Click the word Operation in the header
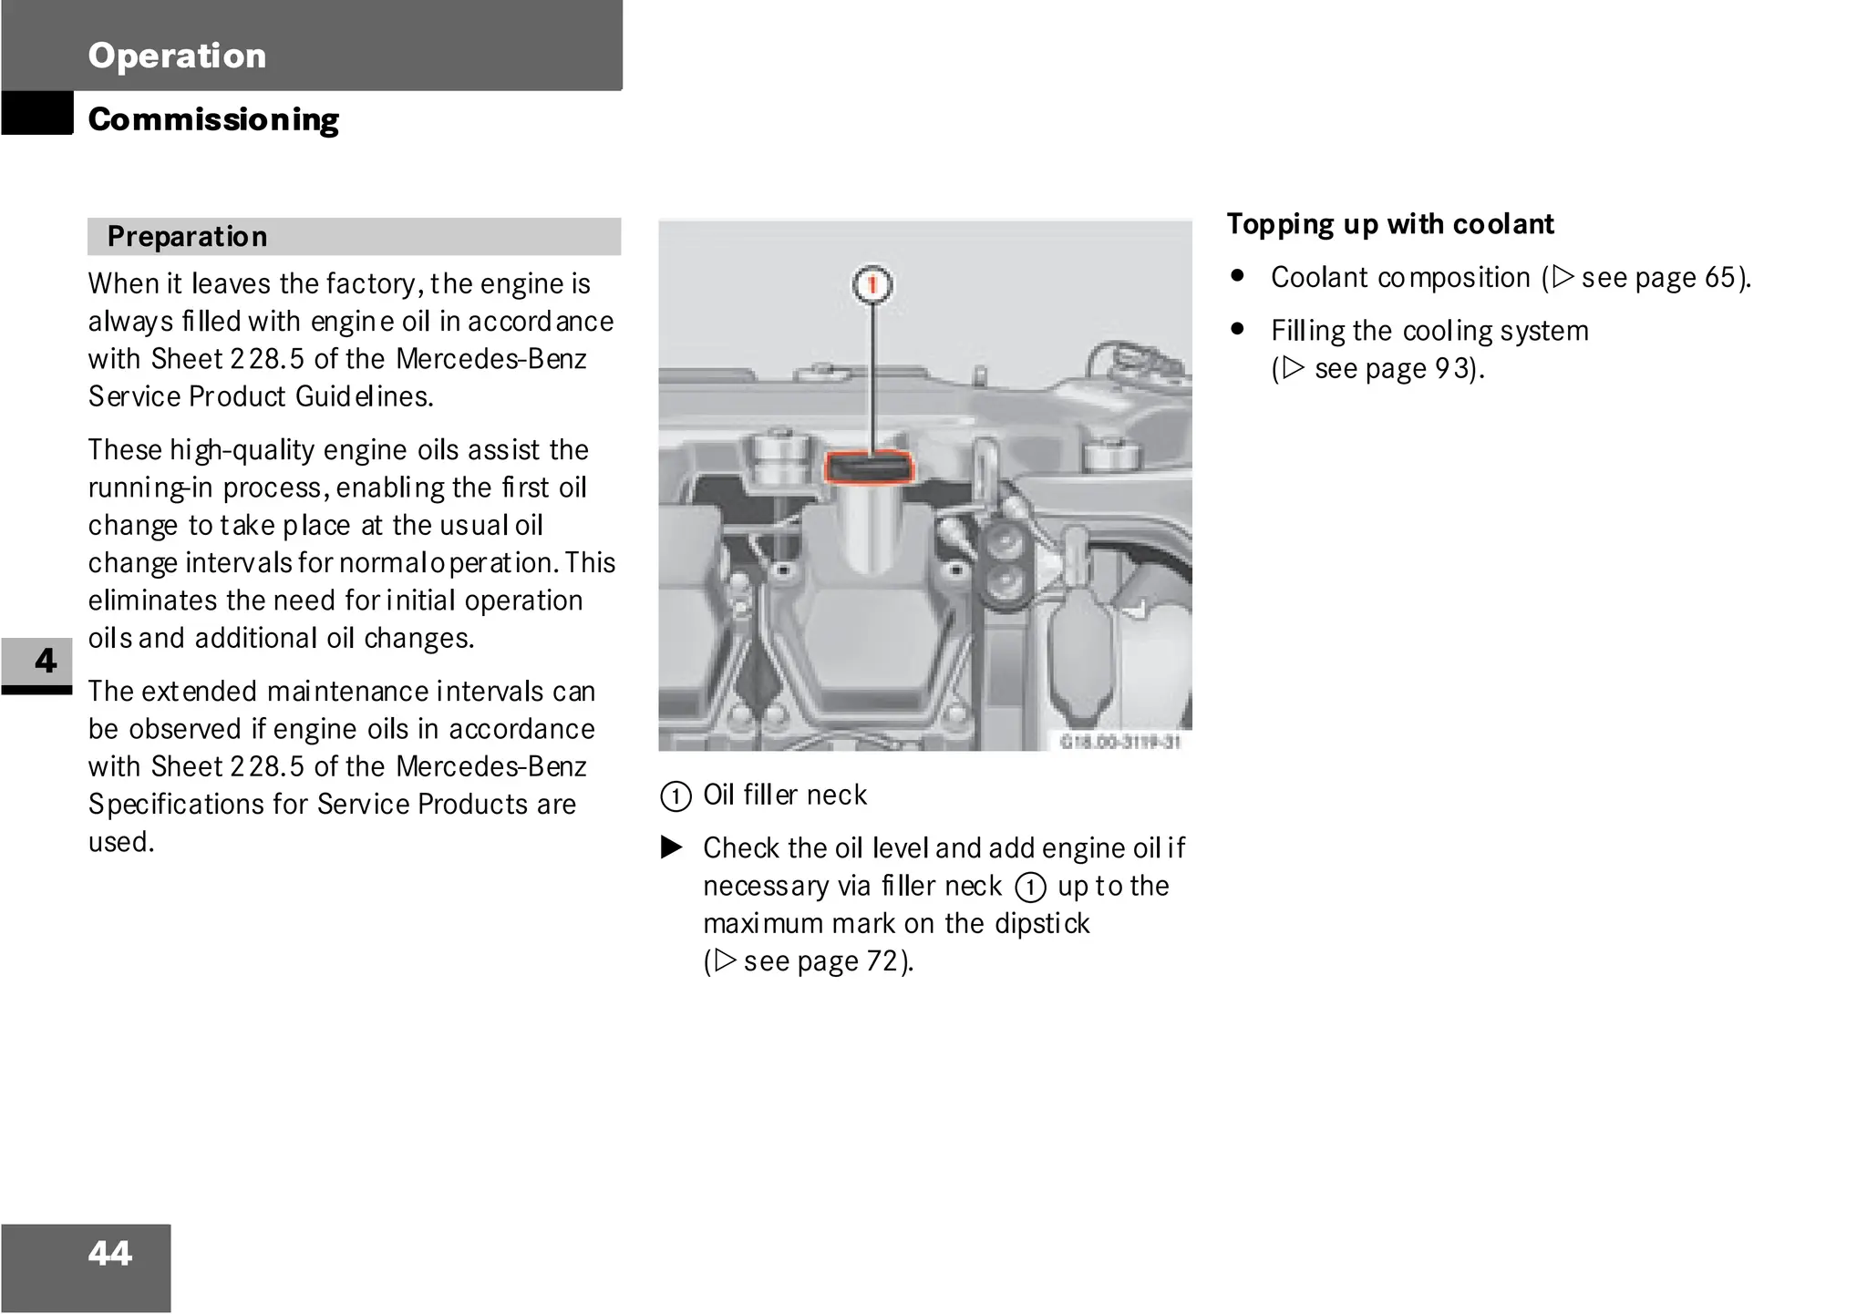(177, 56)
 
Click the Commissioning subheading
(213, 119)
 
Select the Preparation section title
(187, 237)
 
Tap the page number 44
(110, 1254)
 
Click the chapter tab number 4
(45, 661)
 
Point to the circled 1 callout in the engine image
(872, 285)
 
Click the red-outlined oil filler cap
(868, 467)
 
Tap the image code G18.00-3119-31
(1120, 742)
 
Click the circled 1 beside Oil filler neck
(676, 796)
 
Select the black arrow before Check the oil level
(672, 848)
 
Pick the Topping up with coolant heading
(1389, 224)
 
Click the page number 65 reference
(1719, 277)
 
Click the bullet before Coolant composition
(1237, 275)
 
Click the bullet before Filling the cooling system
(1237, 329)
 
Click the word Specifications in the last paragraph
(198, 805)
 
